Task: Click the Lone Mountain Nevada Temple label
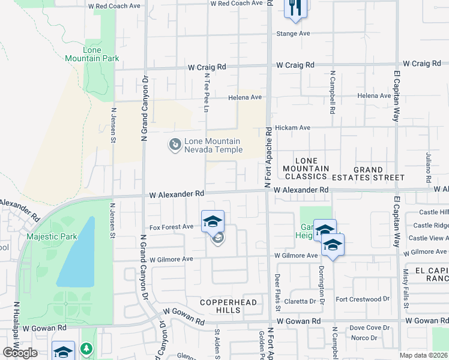coord(212,145)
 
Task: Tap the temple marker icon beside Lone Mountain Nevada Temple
coord(174,145)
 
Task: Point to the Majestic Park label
coord(52,236)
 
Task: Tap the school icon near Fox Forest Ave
coord(212,221)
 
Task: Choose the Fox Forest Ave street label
coord(171,227)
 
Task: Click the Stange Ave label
coord(293,34)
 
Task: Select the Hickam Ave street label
coord(292,128)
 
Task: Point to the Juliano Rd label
coord(429,159)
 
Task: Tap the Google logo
coord(20,353)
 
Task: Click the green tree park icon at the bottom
coord(86,348)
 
